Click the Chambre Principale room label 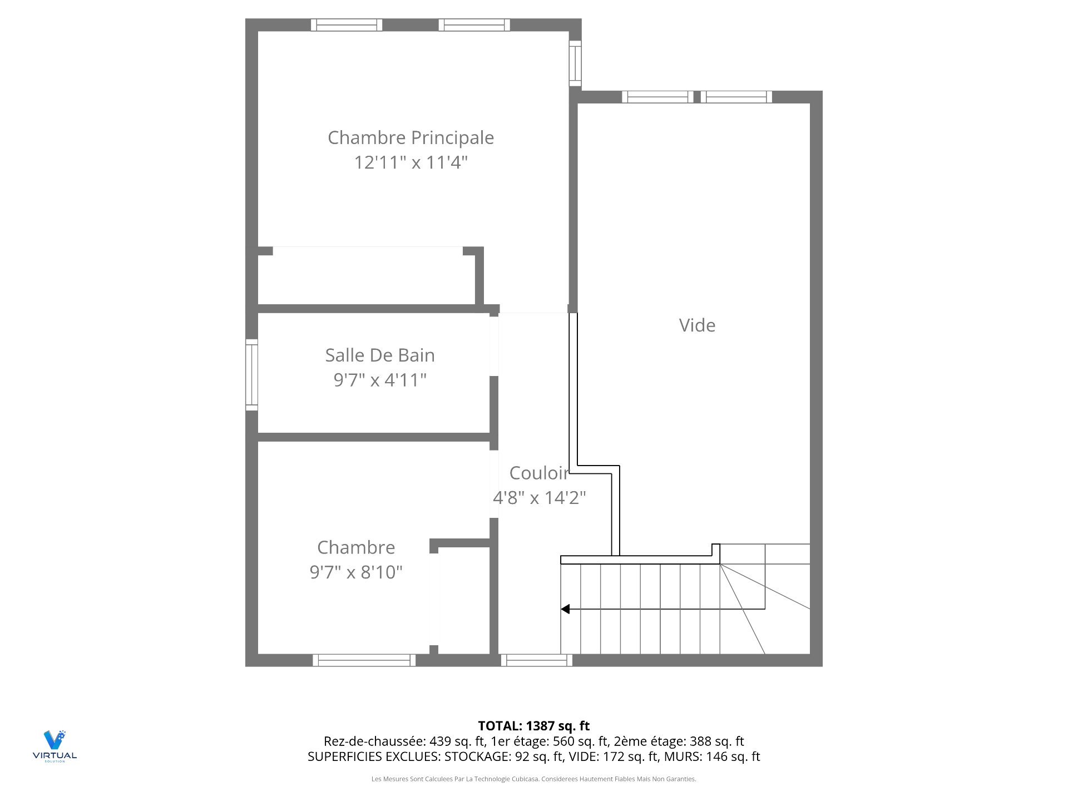pos(411,137)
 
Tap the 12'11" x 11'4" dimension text pos(411,162)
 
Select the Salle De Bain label pos(380,355)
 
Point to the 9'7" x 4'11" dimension pos(380,380)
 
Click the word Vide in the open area pos(697,325)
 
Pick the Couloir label pos(539,473)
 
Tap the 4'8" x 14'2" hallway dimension pos(539,497)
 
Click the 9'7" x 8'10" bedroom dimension pos(356,572)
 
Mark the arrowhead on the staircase pos(565,609)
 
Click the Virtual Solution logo pos(55,745)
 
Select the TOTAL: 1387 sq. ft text pos(533,726)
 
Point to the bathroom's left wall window pos(251,375)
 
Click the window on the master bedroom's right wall pos(575,63)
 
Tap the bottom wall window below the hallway pos(536,660)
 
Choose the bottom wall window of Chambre pos(364,660)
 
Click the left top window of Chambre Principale pos(346,25)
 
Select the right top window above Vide pos(736,97)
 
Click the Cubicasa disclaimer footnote pos(533,779)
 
